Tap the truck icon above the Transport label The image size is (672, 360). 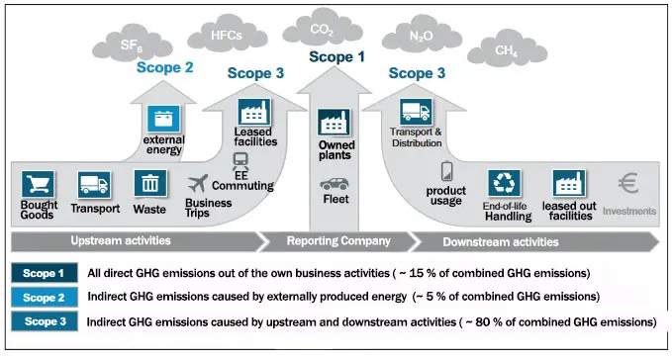click(95, 184)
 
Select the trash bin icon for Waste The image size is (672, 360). click(149, 184)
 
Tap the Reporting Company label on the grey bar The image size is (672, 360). click(338, 241)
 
